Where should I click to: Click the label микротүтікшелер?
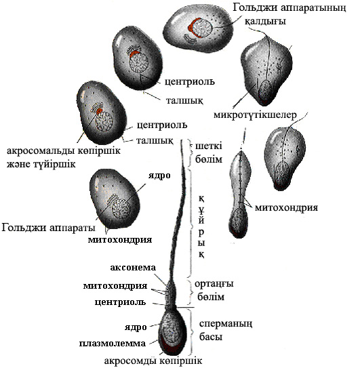click(256, 115)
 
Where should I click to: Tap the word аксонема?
click(133, 268)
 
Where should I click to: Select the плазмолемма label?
click(113, 344)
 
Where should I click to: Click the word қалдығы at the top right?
click(265, 22)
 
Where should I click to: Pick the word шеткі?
click(209, 146)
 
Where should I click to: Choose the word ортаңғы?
click(214, 284)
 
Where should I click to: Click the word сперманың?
click(226, 324)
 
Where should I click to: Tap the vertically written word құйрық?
click(201, 226)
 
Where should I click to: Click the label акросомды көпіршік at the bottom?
click(153, 361)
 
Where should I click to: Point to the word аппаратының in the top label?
click(313, 8)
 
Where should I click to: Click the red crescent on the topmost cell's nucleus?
click(193, 28)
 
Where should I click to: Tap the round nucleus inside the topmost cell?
click(203, 28)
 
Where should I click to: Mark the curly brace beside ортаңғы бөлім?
click(191, 291)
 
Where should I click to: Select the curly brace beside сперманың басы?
click(191, 331)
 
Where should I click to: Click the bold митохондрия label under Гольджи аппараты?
click(120, 240)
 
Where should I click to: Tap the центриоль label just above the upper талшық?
click(190, 82)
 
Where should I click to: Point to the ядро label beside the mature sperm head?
click(136, 327)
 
